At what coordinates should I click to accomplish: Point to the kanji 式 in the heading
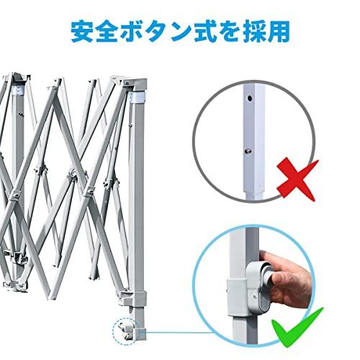(201, 31)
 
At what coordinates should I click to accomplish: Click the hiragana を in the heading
(225, 31)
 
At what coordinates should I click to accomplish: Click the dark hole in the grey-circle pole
(250, 98)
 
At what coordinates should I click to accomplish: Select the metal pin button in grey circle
(248, 151)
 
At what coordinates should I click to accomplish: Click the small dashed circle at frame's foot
(125, 331)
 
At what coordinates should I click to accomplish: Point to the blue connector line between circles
(179, 333)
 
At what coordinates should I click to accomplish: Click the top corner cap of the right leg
(135, 84)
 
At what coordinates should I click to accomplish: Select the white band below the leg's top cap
(138, 98)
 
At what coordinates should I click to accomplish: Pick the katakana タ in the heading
(156, 31)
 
